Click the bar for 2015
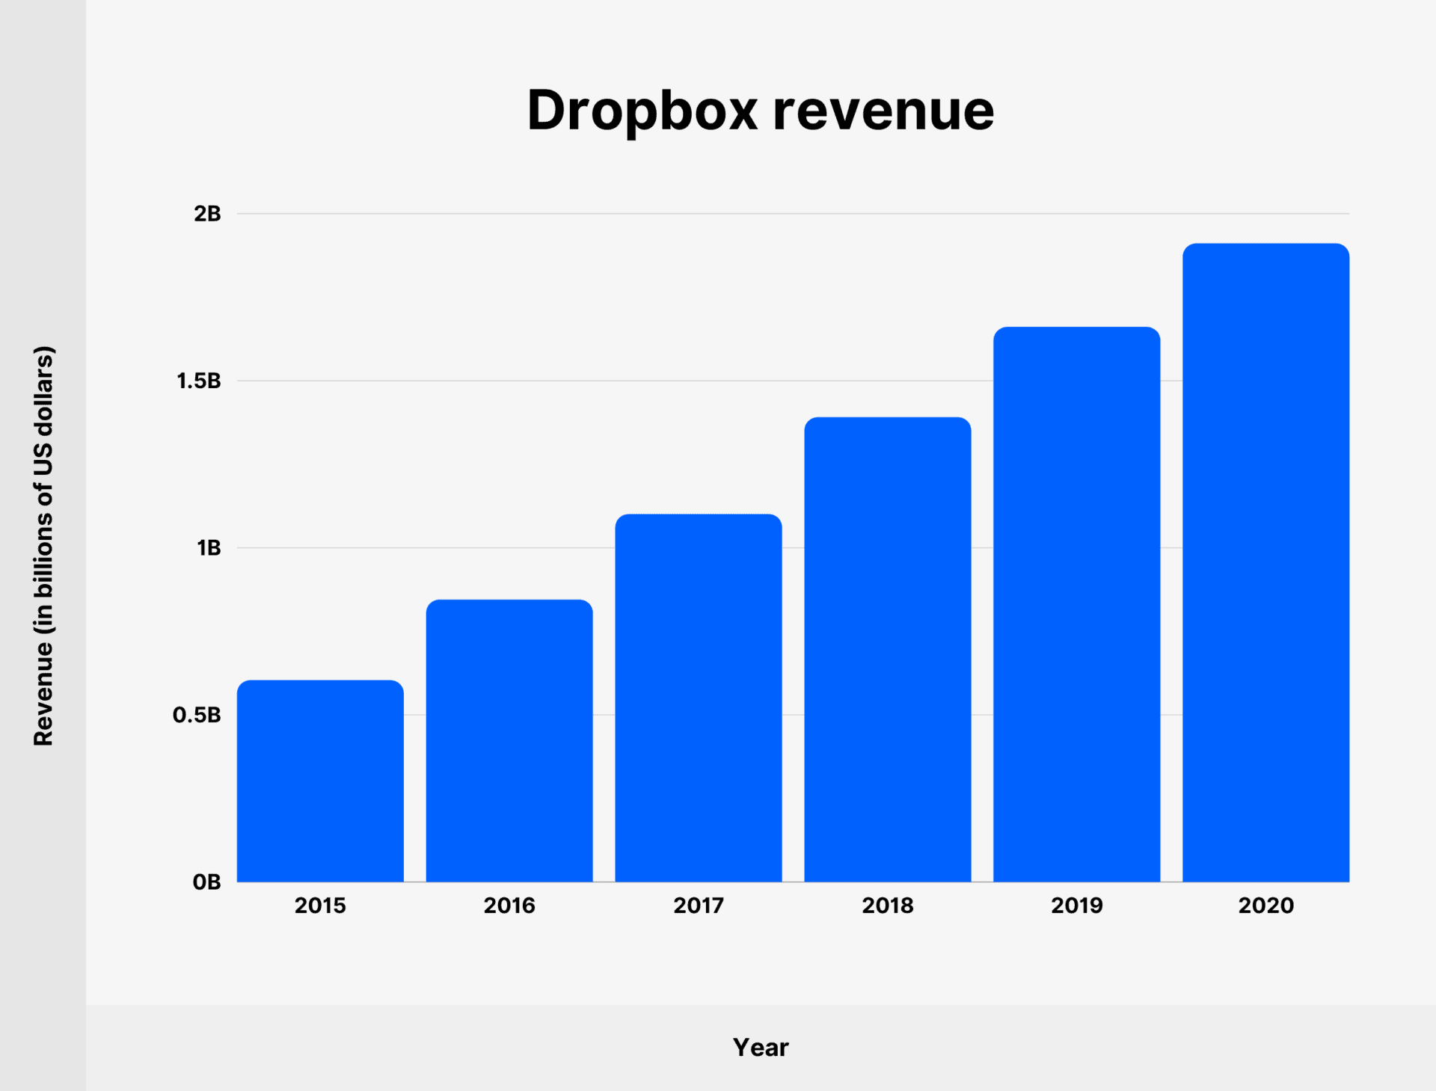pyautogui.click(x=320, y=781)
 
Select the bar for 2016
pyautogui.click(x=509, y=740)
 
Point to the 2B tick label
pyautogui.click(x=207, y=214)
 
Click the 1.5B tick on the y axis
pyautogui.click(x=199, y=381)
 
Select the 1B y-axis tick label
pyautogui.click(x=209, y=548)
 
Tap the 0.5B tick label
pyautogui.click(x=197, y=716)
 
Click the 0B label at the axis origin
pyautogui.click(x=206, y=882)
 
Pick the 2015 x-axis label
pyautogui.click(x=320, y=906)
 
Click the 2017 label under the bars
pyautogui.click(x=699, y=906)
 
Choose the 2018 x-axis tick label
pyautogui.click(x=888, y=906)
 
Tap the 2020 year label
pyautogui.click(x=1265, y=906)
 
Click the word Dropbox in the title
pyautogui.click(x=642, y=111)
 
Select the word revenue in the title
pyautogui.click(x=883, y=111)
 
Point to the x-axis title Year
pyautogui.click(x=761, y=1048)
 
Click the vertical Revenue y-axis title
pyautogui.click(x=43, y=546)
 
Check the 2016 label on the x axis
pyautogui.click(x=509, y=906)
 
